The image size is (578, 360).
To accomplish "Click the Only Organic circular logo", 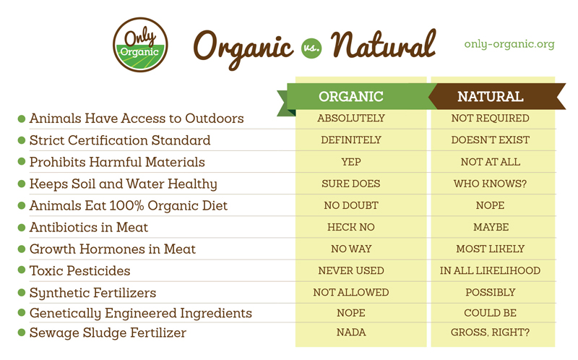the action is pos(140,45).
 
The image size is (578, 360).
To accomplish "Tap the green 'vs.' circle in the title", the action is pos(311,48).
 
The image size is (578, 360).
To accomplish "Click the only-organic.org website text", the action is pos(509,44).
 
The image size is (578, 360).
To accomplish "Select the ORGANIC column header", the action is pos(351,97).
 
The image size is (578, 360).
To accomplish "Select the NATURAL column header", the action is pos(491,97).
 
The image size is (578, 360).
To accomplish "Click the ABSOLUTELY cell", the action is pos(351,118).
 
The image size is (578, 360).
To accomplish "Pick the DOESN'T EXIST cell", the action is pos(491,140).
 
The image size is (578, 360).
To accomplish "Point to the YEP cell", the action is pos(351,162).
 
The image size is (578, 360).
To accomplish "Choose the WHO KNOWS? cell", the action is pos(491,184).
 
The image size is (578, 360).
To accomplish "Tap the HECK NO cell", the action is pos(351,227).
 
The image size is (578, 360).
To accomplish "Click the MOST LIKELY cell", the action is pos(491,249).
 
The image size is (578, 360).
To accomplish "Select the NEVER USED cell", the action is pos(351,271).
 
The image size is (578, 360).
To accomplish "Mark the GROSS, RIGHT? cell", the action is pos(491,333).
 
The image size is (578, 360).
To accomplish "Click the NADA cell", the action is pos(351,333).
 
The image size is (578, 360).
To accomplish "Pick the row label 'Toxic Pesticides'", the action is pos(79,271).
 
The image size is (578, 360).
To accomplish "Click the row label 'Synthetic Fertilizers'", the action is pos(92,293).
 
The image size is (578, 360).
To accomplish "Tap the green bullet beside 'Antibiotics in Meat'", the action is pos(22,227).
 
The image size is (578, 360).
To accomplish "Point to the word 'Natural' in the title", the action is pos(384,45).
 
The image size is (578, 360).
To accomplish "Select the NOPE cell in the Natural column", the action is pos(491,205).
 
